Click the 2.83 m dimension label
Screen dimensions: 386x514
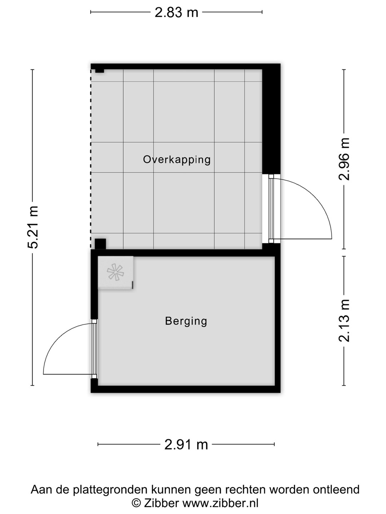(176, 12)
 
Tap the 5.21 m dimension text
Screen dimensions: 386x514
(33, 227)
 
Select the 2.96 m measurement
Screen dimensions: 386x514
(344, 159)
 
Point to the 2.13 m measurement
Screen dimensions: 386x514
(344, 321)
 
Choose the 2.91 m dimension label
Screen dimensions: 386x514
(186, 445)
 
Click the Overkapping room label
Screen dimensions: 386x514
(177, 160)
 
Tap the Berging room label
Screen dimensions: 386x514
(186, 321)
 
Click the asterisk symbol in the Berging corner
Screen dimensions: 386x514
(115, 272)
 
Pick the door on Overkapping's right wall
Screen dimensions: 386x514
(271, 209)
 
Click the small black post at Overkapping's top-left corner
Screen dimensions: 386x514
(100, 71)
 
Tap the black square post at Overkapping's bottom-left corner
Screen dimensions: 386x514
(100, 244)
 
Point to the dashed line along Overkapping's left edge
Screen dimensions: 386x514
(91, 159)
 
